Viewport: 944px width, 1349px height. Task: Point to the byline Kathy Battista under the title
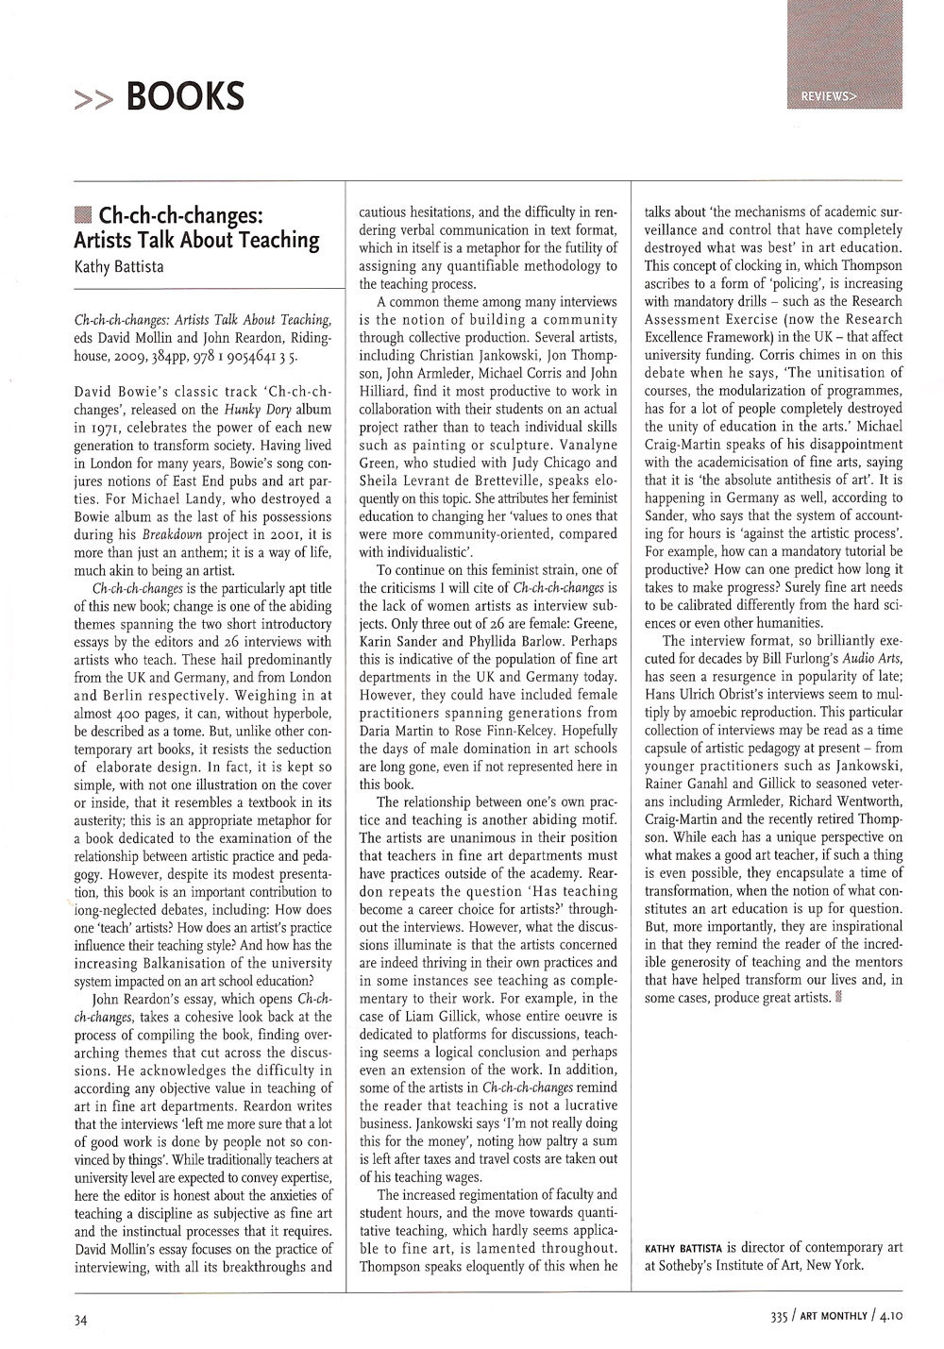click(118, 266)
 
